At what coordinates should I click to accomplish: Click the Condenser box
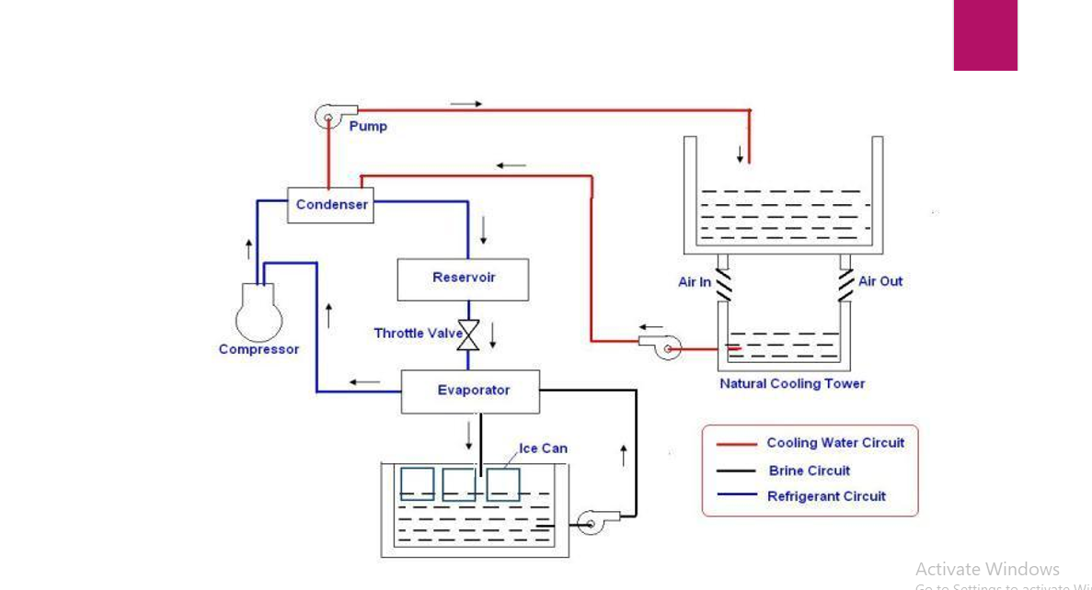[x=332, y=205]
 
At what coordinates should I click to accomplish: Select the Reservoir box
[x=463, y=278]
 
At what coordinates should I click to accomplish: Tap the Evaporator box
[x=470, y=391]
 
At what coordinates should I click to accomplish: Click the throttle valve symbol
[x=469, y=335]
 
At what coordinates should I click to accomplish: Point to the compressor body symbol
[x=259, y=313]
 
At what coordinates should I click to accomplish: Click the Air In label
[x=694, y=282]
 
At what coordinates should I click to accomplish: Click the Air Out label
[x=880, y=281]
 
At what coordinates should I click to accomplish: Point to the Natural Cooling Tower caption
[x=792, y=383]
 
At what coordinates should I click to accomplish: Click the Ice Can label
[x=543, y=448]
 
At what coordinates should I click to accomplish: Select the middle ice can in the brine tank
[x=459, y=483]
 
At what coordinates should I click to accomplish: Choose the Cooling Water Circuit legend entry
[x=834, y=443]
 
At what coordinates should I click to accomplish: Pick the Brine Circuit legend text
[x=810, y=471]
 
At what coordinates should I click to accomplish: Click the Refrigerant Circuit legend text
[x=826, y=496]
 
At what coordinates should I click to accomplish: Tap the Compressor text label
[x=259, y=349]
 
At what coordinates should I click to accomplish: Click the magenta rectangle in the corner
[x=985, y=35]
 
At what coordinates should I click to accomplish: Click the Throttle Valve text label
[x=418, y=333]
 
